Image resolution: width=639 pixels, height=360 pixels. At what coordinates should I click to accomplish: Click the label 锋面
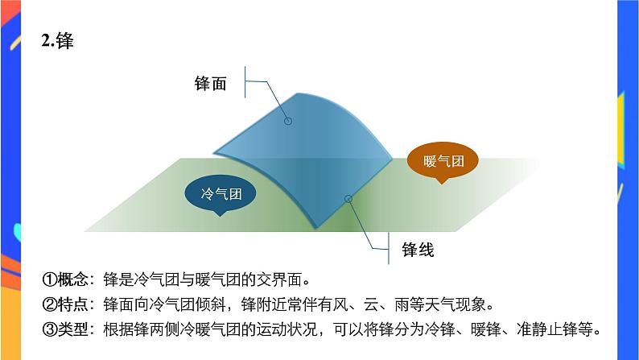click(x=210, y=83)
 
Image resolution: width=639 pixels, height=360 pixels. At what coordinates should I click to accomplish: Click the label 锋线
click(x=418, y=250)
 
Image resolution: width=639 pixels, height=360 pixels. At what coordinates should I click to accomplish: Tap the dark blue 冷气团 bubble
click(x=221, y=194)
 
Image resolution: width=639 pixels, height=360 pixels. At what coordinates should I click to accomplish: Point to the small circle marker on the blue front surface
click(x=288, y=122)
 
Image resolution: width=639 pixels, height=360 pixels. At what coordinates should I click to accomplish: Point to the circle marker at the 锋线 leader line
click(x=348, y=198)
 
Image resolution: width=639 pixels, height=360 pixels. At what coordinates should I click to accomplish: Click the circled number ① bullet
click(x=48, y=280)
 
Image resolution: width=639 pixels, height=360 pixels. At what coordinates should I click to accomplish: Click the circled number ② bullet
click(x=48, y=305)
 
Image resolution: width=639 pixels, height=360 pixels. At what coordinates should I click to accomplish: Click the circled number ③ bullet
click(x=48, y=329)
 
